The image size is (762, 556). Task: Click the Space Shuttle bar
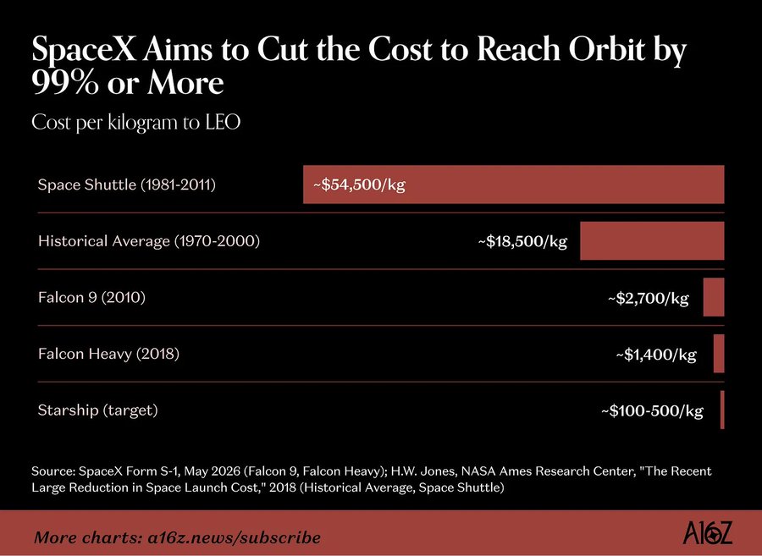514,184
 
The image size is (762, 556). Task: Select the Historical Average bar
652,241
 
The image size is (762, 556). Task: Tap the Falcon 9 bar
714,297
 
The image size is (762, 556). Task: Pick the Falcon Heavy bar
719,354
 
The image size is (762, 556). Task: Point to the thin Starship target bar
723,410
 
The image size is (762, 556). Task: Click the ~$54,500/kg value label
359,185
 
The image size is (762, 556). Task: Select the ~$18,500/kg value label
522,241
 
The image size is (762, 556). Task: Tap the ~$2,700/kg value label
649,298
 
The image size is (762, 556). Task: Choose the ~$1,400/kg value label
656,355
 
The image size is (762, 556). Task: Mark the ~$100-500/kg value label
652,411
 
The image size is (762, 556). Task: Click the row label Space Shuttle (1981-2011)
127,185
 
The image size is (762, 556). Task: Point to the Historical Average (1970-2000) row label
149,241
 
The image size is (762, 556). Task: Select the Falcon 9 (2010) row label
91,298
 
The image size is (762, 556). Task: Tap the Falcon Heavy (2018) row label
109,354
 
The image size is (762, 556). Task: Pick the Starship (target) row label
98,410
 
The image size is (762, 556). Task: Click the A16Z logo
707,533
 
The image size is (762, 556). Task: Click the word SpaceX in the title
84,50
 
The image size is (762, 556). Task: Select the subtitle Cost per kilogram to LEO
136,123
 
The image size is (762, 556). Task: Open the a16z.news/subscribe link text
235,538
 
